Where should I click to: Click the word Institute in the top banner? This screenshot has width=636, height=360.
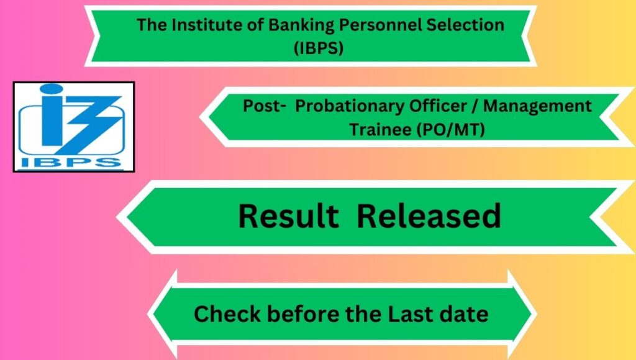click(206, 25)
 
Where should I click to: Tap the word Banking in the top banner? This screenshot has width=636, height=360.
click(301, 25)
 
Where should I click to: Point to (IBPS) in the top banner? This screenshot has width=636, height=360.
click(319, 48)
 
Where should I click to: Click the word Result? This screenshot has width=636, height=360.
click(288, 216)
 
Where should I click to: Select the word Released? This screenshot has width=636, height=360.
click(429, 216)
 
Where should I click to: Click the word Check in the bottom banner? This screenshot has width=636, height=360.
click(227, 314)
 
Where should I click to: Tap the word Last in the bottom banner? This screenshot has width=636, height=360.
click(409, 314)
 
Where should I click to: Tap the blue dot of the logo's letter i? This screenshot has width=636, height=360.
click(51, 89)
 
